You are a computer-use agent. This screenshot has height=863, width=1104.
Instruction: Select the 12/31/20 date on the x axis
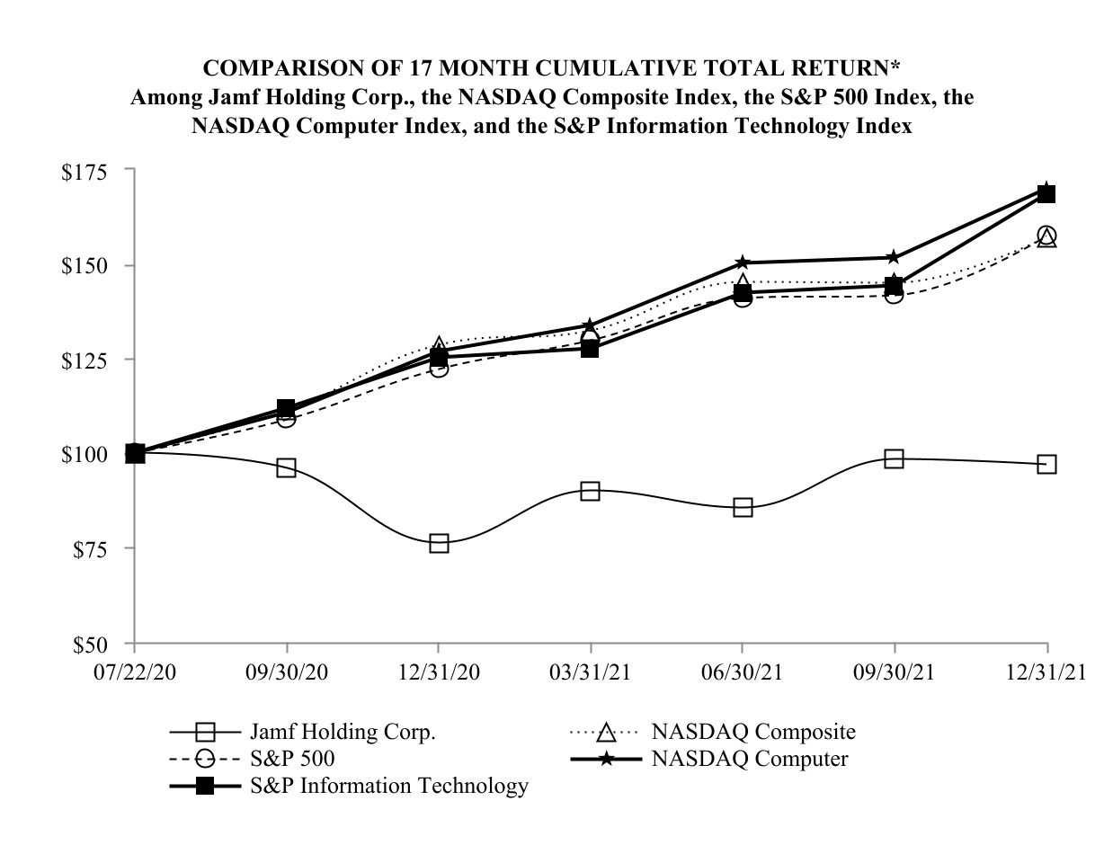pos(439,674)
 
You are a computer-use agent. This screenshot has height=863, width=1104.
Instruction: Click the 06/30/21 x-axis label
pos(743,674)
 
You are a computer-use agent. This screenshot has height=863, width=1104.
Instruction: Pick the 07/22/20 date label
pos(134,674)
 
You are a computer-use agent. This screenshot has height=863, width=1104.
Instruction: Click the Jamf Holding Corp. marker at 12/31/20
pos(439,543)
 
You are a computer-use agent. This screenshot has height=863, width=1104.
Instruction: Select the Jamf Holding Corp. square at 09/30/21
pos(894,458)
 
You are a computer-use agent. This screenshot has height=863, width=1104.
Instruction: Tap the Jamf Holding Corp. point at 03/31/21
pos(590,491)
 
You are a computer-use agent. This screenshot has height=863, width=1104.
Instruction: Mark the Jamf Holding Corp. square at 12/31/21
pos(1046,464)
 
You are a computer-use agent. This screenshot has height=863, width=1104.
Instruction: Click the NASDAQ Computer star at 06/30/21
pos(743,262)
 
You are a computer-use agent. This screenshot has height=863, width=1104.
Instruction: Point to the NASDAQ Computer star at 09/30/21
pos(894,258)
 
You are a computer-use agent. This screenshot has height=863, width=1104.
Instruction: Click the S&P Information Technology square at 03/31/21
pos(590,348)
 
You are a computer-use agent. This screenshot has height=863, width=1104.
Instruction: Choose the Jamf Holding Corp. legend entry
pos(343,732)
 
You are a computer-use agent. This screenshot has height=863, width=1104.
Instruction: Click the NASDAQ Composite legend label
pos(753,732)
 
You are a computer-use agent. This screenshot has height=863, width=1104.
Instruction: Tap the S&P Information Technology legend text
pos(388,786)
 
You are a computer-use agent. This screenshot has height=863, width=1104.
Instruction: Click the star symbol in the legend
pos(607,760)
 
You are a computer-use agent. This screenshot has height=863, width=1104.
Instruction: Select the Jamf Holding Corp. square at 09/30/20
pos(287,467)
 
